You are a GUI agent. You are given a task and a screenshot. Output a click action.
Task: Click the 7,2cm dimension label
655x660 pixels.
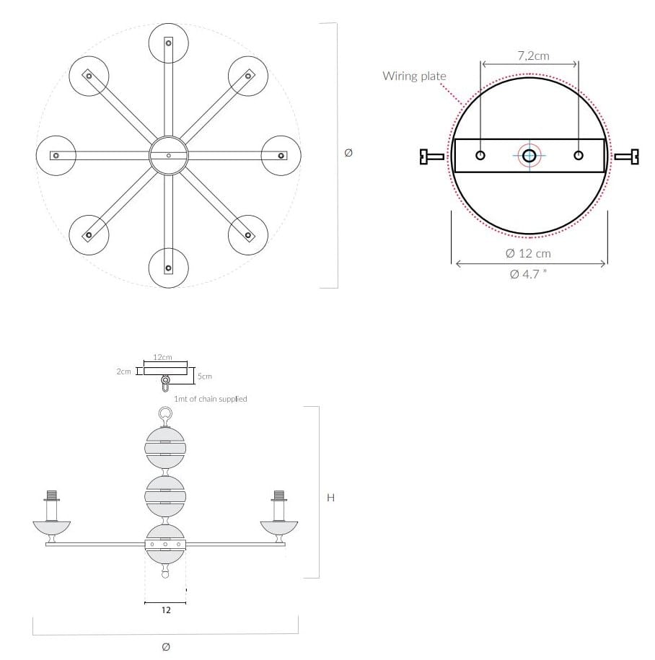[533, 56]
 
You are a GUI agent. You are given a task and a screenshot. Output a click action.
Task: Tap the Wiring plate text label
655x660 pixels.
[414, 76]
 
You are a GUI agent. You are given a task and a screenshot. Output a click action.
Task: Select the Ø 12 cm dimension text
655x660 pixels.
[528, 253]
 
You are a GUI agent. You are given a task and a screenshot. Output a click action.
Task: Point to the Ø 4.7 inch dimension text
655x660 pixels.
[528, 274]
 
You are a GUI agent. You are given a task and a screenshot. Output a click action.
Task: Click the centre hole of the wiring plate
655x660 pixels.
[529, 156]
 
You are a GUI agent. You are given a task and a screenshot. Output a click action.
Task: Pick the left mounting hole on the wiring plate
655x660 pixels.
[480, 155]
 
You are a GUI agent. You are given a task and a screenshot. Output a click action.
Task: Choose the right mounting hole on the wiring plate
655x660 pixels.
[579, 155]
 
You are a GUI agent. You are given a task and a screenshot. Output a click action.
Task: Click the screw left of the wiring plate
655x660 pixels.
[432, 157]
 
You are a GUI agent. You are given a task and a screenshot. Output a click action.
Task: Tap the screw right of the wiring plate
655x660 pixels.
[626, 157]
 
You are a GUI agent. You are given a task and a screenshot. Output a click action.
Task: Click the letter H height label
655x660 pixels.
[331, 498]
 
